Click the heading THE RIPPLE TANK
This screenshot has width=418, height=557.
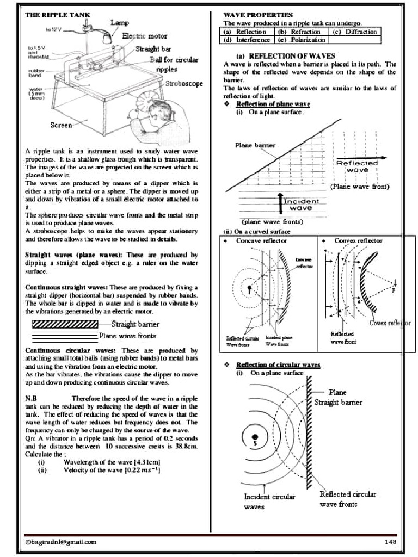click(x=58, y=15)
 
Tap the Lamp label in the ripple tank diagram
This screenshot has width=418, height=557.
click(x=120, y=23)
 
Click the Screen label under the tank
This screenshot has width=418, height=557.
click(x=61, y=125)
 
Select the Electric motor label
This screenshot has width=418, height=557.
click(x=145, y=36)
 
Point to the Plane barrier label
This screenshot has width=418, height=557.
click(x=255, y=145)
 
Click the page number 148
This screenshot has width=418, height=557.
click(x=390, y=541)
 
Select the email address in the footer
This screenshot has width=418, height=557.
click(x=61, y=541)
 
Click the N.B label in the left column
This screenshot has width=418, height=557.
click(x=31, y=398)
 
